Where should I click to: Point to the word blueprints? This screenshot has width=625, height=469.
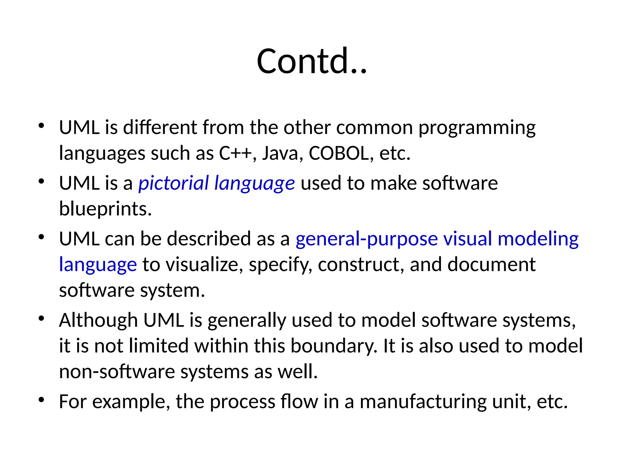105,209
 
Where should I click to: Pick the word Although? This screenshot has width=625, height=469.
98,320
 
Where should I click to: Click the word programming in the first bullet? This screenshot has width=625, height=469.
477,128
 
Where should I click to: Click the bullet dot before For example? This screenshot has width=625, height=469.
42,400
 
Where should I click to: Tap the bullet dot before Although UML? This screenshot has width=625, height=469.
42,319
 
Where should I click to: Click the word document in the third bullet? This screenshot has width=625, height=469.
491,264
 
